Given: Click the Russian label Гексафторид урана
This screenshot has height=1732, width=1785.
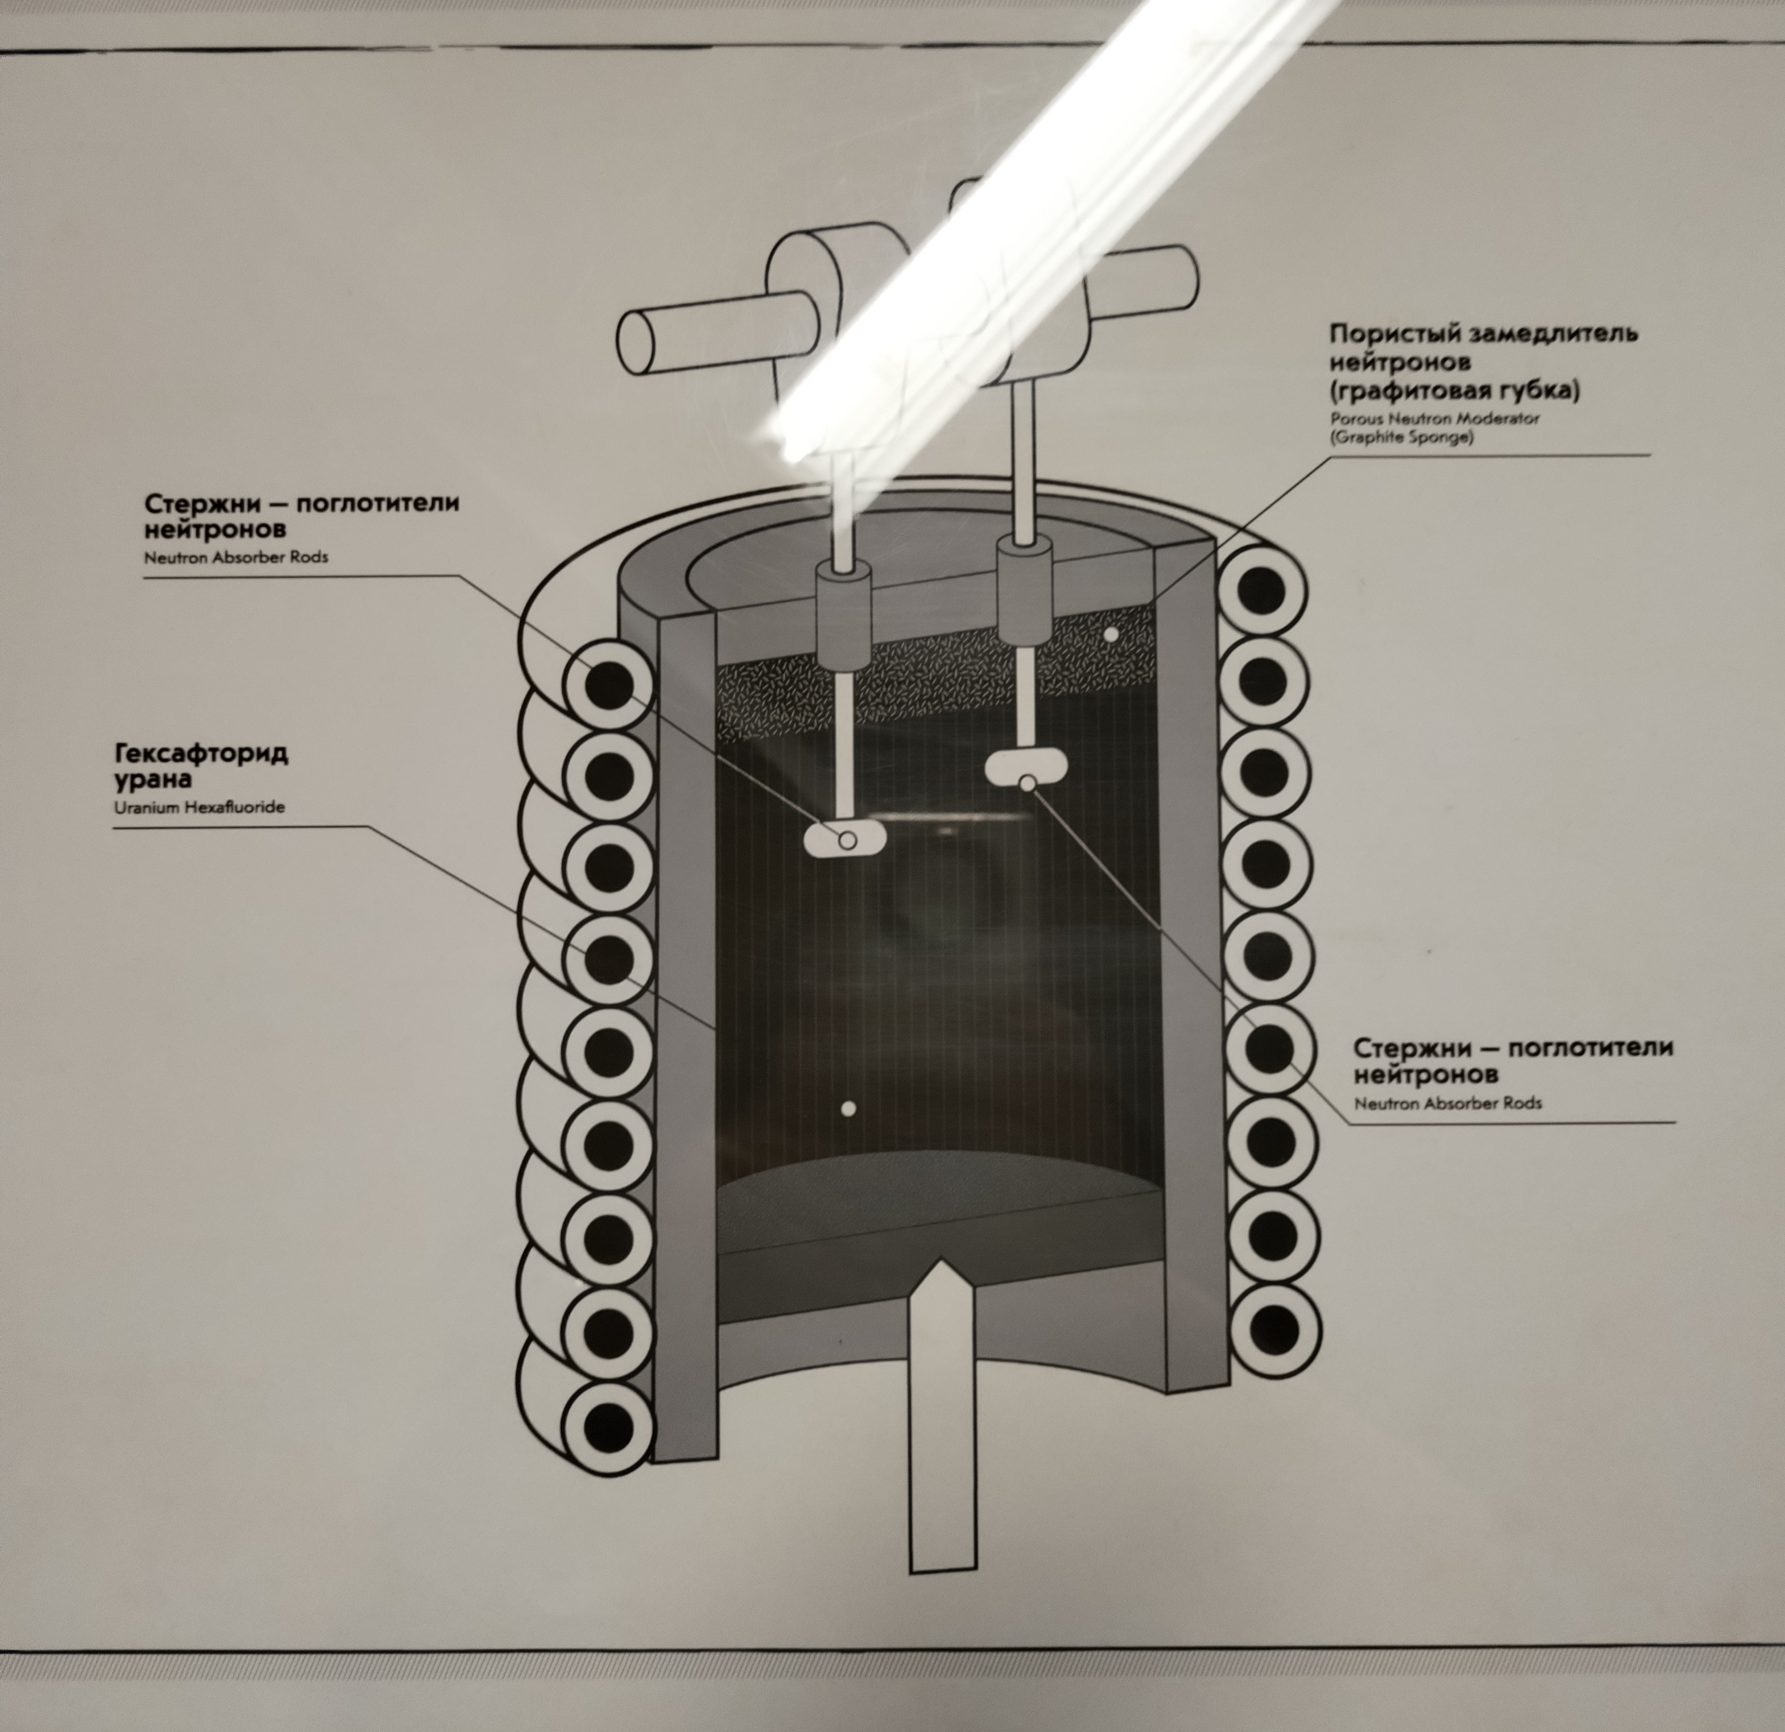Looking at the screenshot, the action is coord(201,767).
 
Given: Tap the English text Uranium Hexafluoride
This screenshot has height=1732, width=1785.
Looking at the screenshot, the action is coord(199,807).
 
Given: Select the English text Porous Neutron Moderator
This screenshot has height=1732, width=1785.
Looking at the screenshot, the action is coord(1434,419).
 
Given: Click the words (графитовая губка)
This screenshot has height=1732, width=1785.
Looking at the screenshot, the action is coord(1454,391).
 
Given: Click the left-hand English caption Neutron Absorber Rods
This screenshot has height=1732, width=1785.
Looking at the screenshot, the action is coord(236,557).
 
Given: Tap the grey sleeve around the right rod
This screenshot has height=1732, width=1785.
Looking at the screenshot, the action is coord(1025,590).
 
